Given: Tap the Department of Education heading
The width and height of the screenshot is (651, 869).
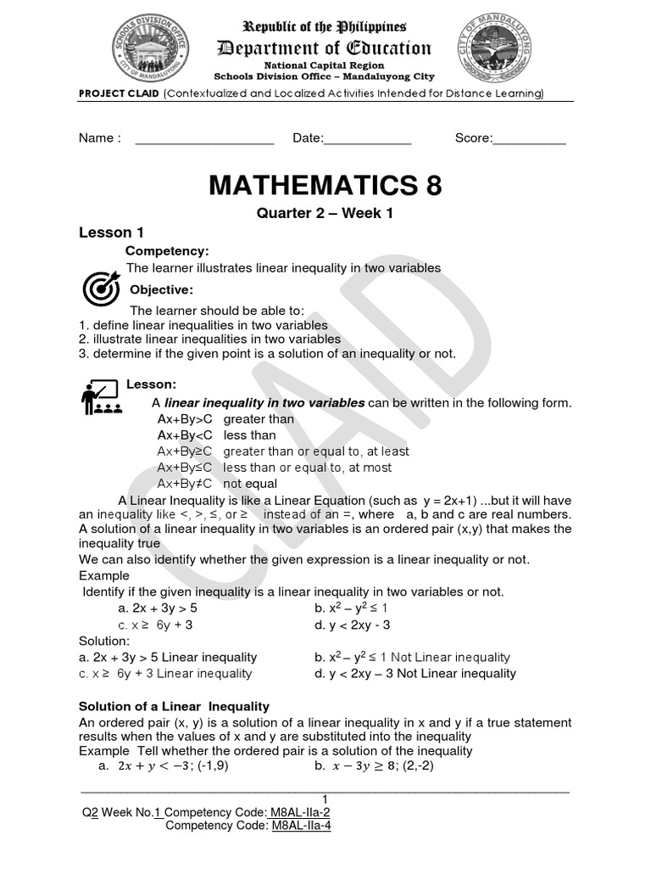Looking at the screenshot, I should click(325, 48).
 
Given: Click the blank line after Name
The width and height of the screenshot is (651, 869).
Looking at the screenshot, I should click(204, 139).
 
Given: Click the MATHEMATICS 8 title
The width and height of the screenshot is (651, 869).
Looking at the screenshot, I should click(325, 185).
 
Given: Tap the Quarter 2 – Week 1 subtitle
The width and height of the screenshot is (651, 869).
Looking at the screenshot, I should click(325, 214).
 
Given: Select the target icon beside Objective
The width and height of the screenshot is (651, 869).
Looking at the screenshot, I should click(100, 289).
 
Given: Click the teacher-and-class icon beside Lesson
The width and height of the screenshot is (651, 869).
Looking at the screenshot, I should click(100, 396).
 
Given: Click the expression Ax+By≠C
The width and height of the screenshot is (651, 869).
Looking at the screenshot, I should click(186, 484).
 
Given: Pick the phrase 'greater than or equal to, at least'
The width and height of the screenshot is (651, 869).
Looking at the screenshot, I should click(315, 451).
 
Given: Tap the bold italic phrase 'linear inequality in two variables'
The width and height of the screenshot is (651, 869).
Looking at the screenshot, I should click(264, 402).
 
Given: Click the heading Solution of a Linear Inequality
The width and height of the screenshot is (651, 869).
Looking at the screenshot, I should click(174, 706).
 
